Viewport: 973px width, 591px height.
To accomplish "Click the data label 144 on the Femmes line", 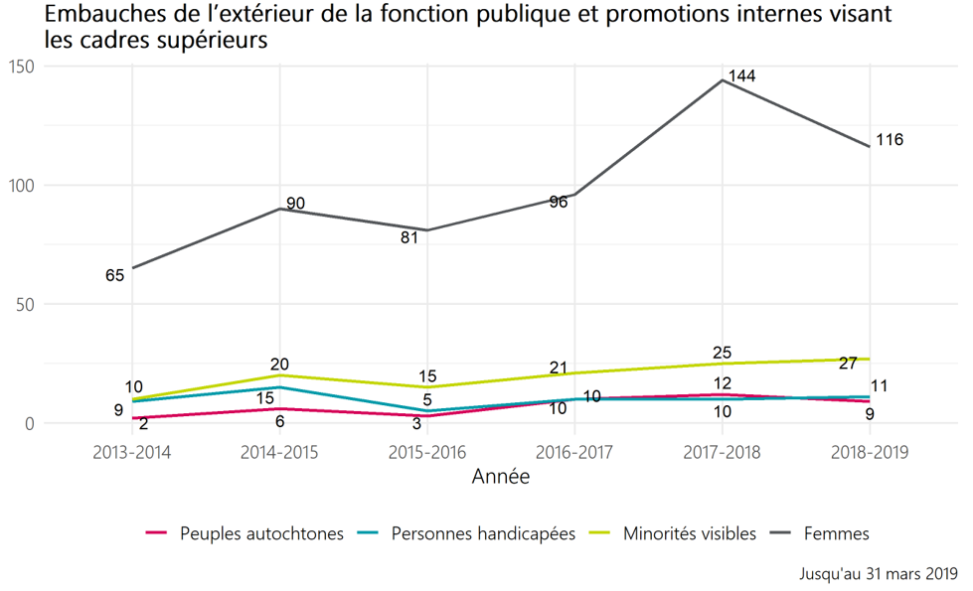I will coord(743,76).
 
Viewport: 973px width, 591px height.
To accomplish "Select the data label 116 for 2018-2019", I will coord(890,140).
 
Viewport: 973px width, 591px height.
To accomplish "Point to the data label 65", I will coord(114,275).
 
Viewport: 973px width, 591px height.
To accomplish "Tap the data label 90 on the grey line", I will coord(295,204).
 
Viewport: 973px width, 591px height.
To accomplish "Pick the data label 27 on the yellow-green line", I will coord(848,364).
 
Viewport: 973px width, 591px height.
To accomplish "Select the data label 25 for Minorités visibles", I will coord(723,353).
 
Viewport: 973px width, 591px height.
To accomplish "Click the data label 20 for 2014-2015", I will coord(279,364).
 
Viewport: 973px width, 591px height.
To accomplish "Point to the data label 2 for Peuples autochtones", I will coord(144,424).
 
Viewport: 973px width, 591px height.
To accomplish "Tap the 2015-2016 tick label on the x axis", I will coord(426,451).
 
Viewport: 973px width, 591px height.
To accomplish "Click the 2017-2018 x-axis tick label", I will coord(723,451).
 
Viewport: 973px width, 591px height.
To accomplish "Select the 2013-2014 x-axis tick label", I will coord(131,451).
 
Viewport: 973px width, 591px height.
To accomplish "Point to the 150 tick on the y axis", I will coord(21,67).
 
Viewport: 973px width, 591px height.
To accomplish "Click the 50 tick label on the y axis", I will coord(25,305).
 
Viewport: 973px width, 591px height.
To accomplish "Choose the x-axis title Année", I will coord(500,478).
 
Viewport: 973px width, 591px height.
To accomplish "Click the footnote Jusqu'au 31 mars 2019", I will coord(878,574).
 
